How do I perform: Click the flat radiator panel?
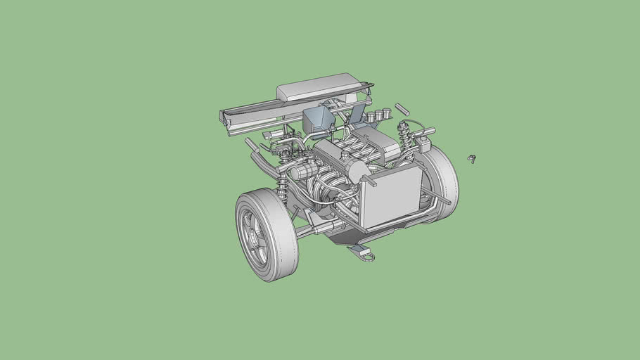pos(390,196)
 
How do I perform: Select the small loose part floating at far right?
pos(472,158)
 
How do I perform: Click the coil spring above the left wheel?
pos(283,183)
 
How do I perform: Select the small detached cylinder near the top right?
pos(402,109)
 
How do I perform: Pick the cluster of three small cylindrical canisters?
pos(378,114)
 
